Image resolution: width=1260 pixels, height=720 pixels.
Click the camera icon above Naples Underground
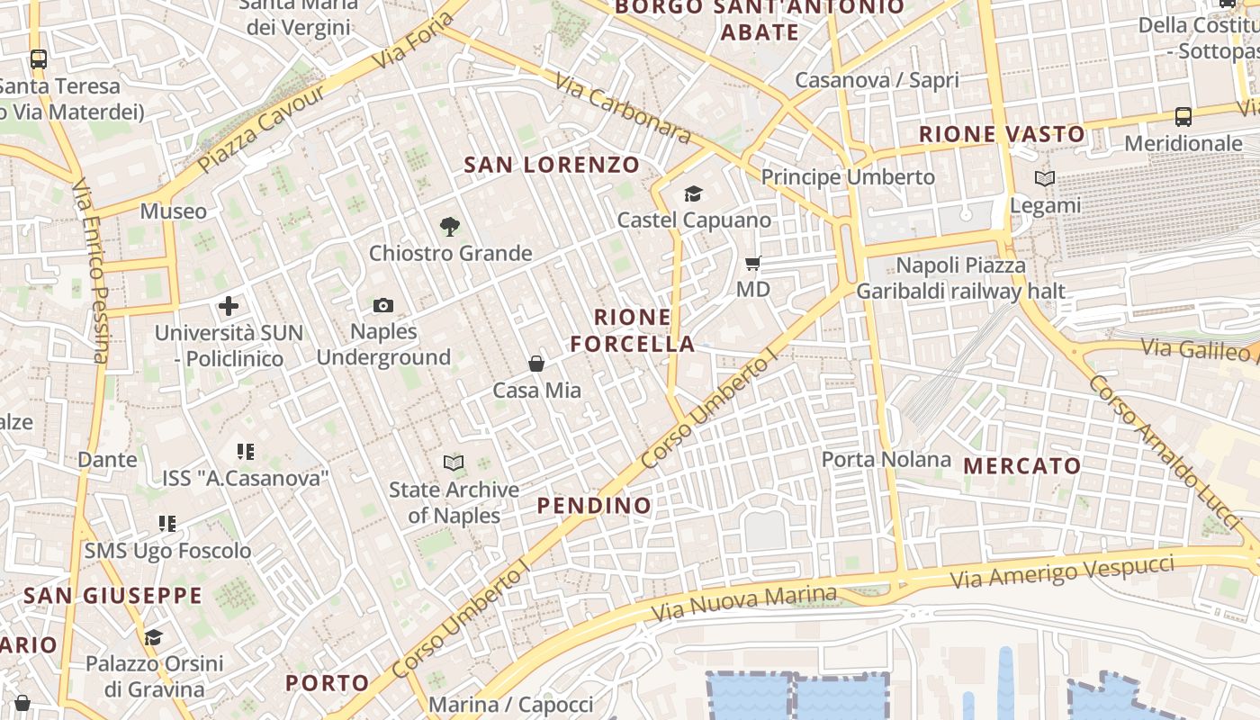point(383,306)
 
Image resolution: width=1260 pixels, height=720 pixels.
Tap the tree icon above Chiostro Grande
point(449,227)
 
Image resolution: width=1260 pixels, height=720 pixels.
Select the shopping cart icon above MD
point(753,264)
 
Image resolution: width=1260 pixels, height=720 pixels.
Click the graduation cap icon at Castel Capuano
point(693,194)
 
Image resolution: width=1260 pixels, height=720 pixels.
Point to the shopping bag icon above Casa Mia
point(536,364)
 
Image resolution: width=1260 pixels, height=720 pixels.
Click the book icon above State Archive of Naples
point(454,463)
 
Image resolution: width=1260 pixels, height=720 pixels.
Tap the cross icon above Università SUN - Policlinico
point(229,306)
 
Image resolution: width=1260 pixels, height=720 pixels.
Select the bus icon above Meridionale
point(1183,117)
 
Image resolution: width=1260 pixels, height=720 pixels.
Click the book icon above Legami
point(1044,179)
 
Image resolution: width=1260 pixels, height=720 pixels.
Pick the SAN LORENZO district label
point(552,165)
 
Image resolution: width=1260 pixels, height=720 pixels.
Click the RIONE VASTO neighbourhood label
point(1002,135)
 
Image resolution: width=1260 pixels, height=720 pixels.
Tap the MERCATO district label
point(1021,466)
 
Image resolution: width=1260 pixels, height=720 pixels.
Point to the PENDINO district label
point(594,506)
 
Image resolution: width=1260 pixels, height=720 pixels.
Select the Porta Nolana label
point(886,460)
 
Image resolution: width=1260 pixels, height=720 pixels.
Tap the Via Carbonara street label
point(623,109)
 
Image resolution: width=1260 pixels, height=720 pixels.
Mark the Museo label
point(173,211)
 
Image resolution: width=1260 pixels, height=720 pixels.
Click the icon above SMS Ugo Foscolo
point(167,523)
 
